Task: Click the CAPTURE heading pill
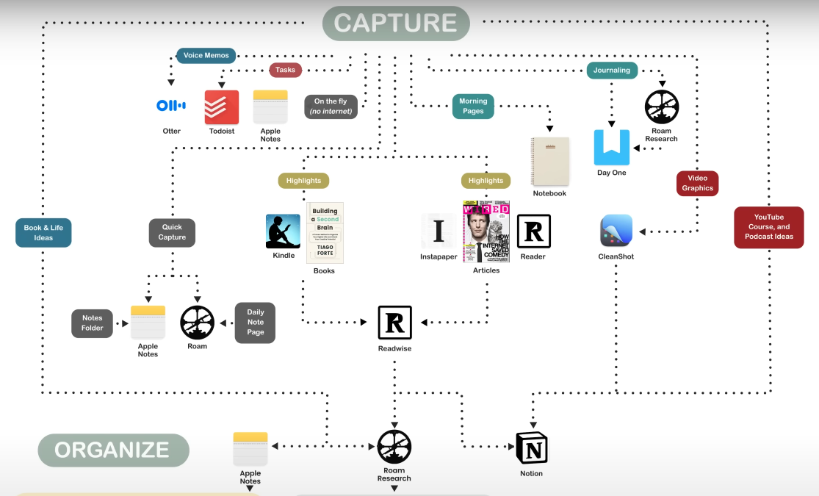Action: pos(396,23)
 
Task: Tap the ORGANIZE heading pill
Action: pos(113,450)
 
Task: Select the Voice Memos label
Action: pos(206,55)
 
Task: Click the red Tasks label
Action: pos(286,70)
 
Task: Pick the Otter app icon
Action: pos(171,106)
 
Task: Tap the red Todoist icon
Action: pos(222,107)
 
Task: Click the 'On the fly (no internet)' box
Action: pos(331,107)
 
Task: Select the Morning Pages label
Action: pos(473,106)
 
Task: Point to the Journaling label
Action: pos(612,71)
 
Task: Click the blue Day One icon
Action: pos(612,147)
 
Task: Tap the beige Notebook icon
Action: pos(550,161)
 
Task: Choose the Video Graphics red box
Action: pos(697,183)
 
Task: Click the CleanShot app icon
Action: pos(616,231)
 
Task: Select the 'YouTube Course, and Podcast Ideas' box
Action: pos(768,227)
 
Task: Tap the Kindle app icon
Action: pos(283,231)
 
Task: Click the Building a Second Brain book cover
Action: pos(325,232)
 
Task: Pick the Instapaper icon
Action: pos(439,231)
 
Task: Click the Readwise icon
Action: pos(394,323)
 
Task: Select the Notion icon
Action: pos(531,448)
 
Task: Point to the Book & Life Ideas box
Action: pos(43,232)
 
